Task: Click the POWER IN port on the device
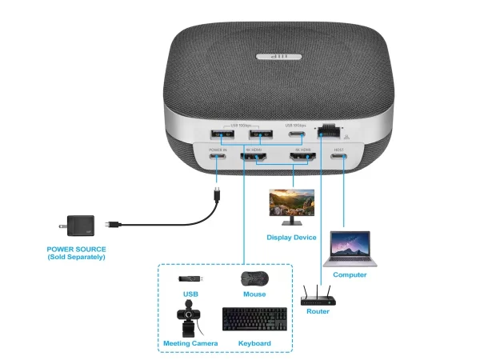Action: [x=218, y=158]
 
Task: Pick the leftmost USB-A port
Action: [x=218, y=134]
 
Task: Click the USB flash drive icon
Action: [x=190, y=279]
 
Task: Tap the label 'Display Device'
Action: [x=291, y=238]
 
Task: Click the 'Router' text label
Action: [x=318, y=311]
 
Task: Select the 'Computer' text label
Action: [x=350, y=274]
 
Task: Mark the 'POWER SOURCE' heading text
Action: [x=76, y=249]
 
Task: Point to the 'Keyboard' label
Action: [x=254, y=343]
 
